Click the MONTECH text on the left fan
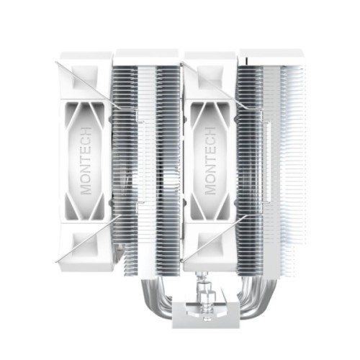pos(86,159)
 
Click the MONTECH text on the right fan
pos(211,159)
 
